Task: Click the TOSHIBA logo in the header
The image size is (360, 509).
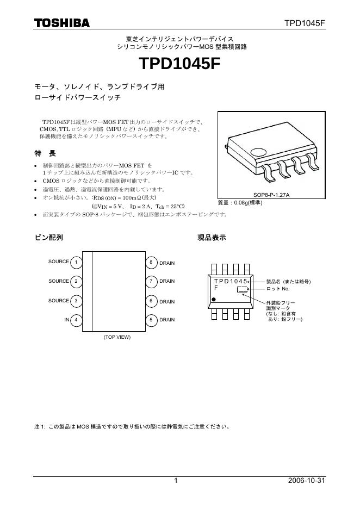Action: click(x=62, y=23)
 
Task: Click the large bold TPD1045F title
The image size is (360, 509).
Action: click(x=180, y=64)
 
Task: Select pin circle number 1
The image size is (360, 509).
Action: click(x=77, y=263)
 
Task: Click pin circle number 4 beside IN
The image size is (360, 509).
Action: click(x=77, y=320)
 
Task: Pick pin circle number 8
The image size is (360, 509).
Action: click(x=151, y=263)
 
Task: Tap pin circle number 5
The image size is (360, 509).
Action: click(x=151, y=320)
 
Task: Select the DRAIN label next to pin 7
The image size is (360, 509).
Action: click(x=167, y=282)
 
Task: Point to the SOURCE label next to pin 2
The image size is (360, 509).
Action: click(x=59, y=281)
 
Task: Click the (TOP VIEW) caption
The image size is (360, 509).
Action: click(x=117, y=338)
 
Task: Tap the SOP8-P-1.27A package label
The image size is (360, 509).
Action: click(x=271, y=195)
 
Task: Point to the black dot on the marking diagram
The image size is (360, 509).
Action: click(x=214, y=299)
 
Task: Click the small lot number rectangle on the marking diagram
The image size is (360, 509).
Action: click(x=242, y=290)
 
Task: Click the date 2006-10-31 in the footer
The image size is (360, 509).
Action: click(x=307, y=481)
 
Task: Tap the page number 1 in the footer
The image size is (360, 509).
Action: click(x=176, y=481)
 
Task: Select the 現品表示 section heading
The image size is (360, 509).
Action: click(x=212, y=238)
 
